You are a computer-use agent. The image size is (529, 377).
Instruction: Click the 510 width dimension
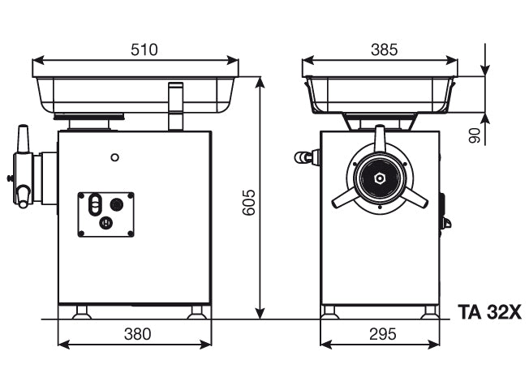point(144,50)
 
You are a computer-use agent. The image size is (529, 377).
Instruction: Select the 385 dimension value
point(384,50)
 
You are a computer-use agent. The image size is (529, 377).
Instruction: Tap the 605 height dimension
point(249,203)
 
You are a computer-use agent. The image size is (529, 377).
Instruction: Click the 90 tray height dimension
point(474,134)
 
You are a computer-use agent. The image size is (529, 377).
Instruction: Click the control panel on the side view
point(105,214)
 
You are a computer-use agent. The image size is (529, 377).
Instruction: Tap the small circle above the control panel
point(115,156)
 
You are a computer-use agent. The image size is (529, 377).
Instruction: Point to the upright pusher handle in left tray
point(175,105)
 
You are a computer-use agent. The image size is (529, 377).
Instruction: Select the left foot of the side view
point(81,311)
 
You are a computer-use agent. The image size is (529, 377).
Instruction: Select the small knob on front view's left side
point(306,157)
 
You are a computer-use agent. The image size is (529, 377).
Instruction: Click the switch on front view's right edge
point(444,212)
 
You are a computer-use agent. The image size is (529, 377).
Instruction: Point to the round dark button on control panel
point(116,203)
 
